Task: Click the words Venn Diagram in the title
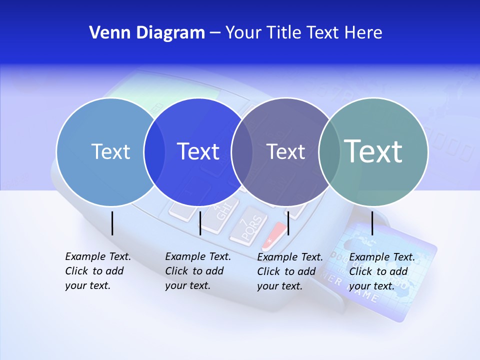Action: tap(147, 33)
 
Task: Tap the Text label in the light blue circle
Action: tap(110, 151)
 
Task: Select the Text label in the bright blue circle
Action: tap(198, 151)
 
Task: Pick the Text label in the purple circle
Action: tap(285, 151)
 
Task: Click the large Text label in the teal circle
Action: tap(373, 151)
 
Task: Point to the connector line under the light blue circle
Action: tap(112, 223)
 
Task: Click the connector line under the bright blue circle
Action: tap(200, 223)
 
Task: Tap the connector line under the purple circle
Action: tap(288, 223)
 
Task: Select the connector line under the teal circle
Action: tap(372, 223)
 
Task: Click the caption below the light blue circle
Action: tap(97, 271)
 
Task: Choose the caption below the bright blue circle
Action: tap(197, 271)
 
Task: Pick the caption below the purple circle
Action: tap(289, 271)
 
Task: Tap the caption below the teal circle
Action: tap(381, 271)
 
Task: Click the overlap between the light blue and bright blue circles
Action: tap(154, 151)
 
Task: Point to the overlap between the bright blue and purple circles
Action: tap(242, 151)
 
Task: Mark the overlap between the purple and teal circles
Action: tap(329, 151)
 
